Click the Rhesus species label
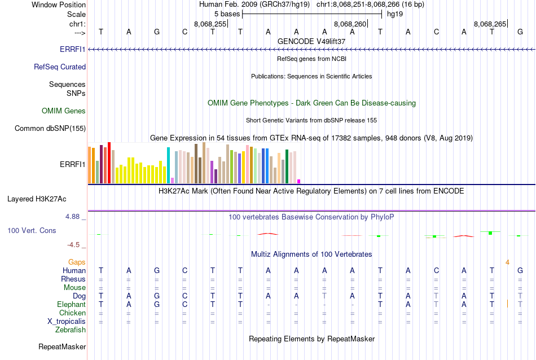click(73, 279)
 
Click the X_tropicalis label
click(67, 322)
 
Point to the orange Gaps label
click(77, 262)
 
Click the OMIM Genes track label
click(64, 111)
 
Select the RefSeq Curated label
click(60, 67)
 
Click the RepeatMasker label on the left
click(62, 347)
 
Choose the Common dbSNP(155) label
click(50, 129)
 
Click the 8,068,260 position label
click(350, 24)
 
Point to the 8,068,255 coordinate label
click(210, 24)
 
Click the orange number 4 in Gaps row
click(507, 262)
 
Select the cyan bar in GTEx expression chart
click(168, 165)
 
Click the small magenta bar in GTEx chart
click(298, 181)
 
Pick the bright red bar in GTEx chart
click(109, 163)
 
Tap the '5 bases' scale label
click(227, 13)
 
